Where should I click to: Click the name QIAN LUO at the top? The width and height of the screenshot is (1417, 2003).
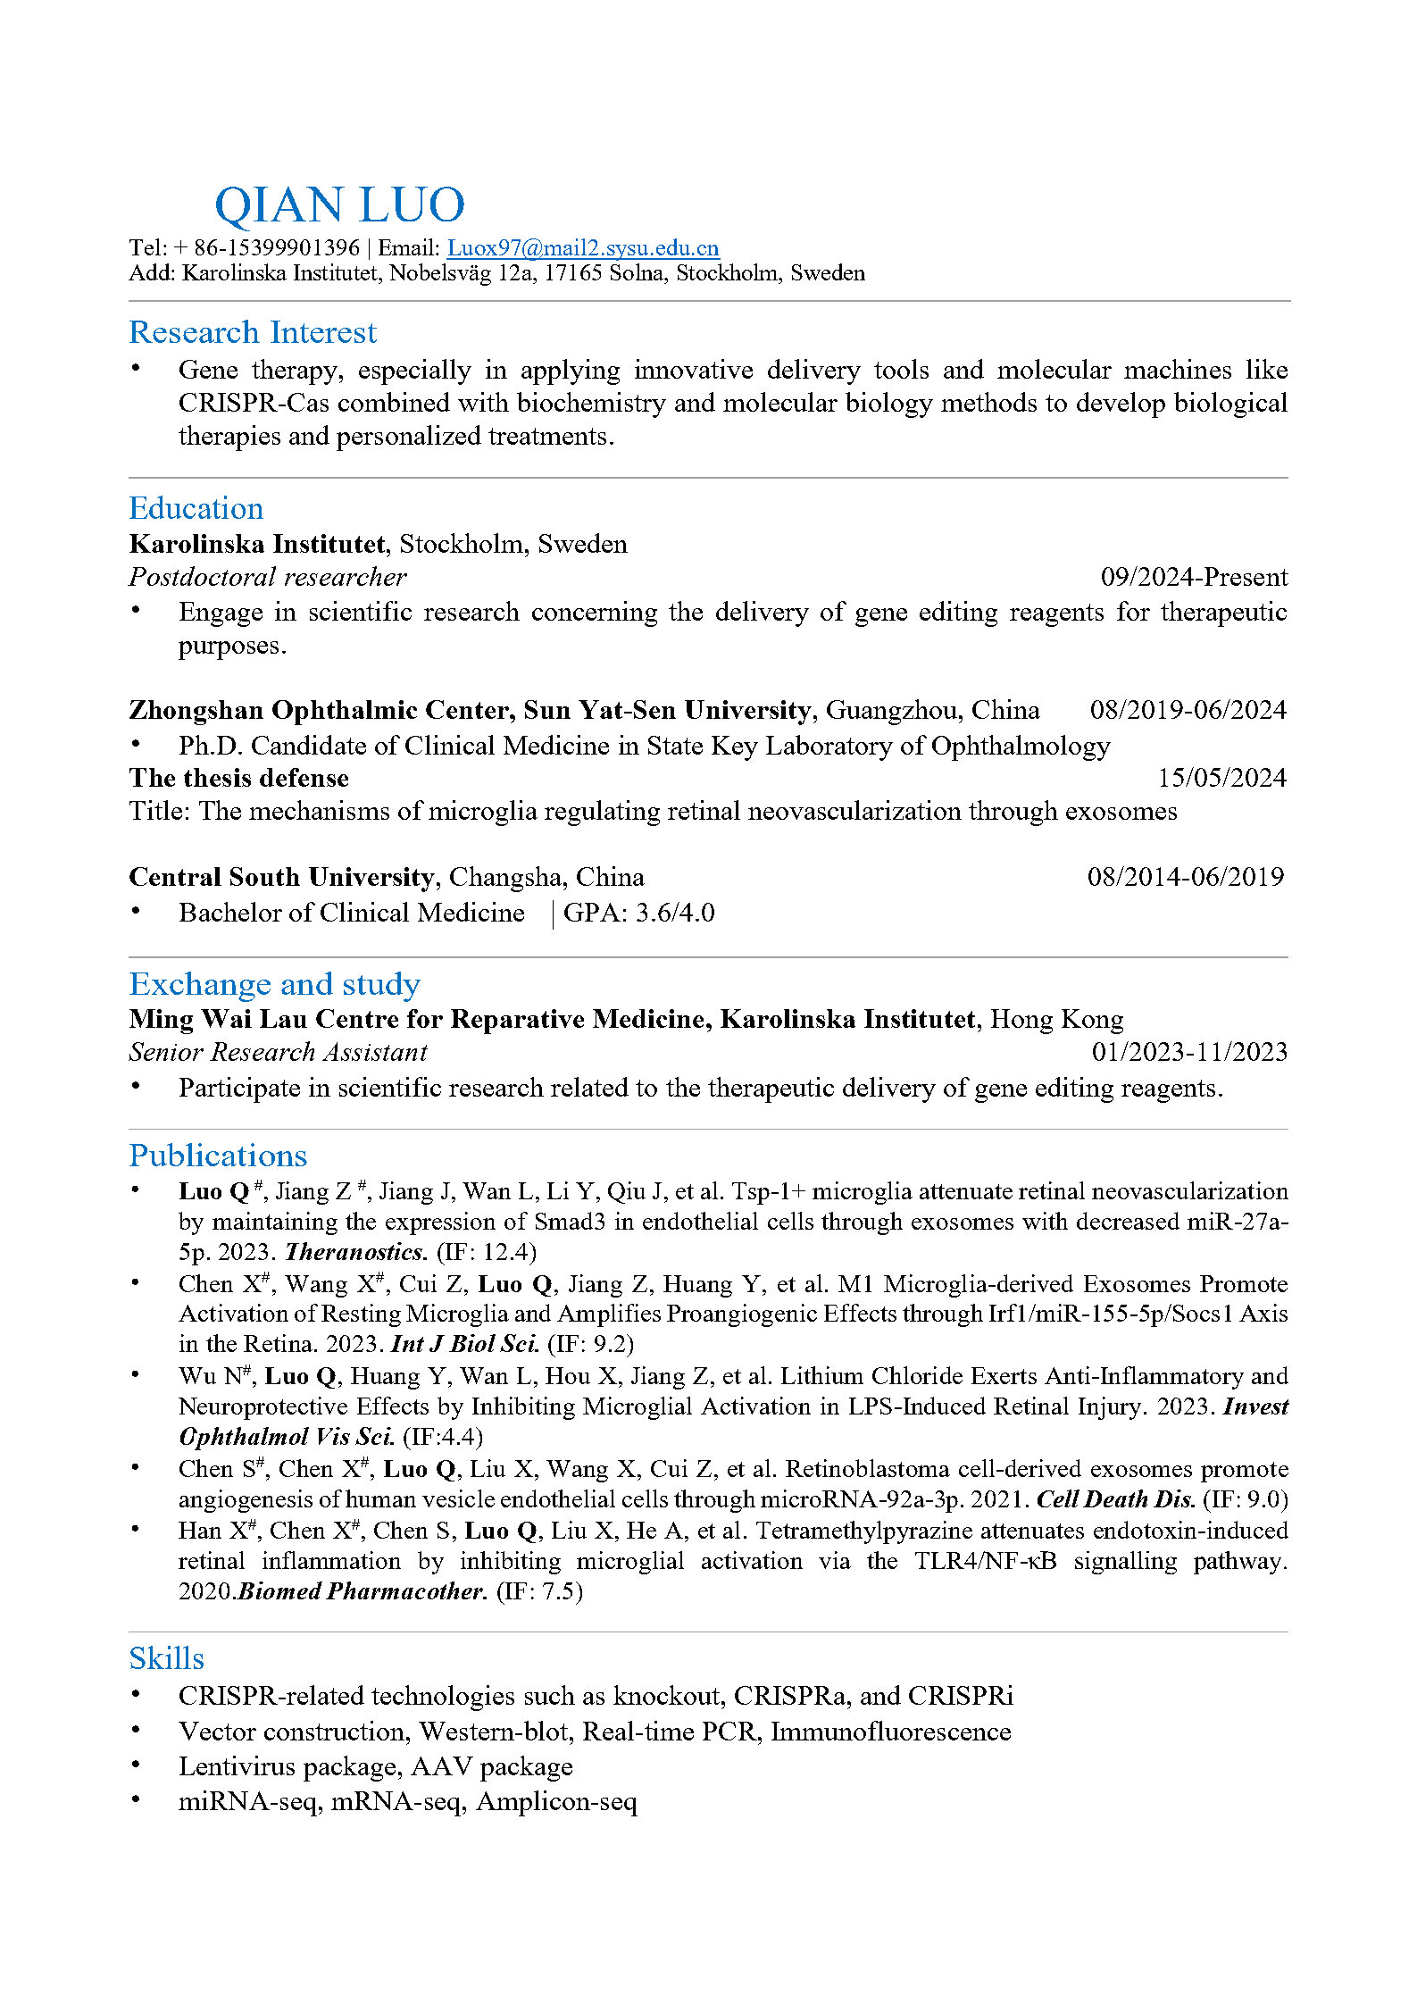[339, 204]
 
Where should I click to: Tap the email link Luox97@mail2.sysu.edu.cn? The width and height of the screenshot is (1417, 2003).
[583, 247]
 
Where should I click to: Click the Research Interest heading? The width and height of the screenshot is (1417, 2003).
[253, 332]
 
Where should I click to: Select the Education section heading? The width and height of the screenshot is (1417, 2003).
[196, 508]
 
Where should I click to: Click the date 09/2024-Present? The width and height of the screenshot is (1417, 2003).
[1194, 577]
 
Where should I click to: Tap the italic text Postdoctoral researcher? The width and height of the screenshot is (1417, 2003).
[268, 577]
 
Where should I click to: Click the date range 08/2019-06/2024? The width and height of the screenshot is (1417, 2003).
[1188, 710]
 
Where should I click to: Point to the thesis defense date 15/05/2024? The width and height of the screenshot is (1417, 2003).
[1221, 778]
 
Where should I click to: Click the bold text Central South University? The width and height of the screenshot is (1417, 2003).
[281, 877]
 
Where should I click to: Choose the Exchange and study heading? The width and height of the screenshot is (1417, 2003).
[274, 984]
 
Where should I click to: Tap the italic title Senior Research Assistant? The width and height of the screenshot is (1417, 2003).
[278, 1052]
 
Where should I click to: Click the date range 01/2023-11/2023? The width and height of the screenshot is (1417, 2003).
[1189, 1052]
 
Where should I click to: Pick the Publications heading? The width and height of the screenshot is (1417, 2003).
[218, 1156]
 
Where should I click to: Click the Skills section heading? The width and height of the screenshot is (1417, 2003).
[167, 1658]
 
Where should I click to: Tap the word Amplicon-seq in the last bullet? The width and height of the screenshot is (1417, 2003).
[556, 1801]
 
